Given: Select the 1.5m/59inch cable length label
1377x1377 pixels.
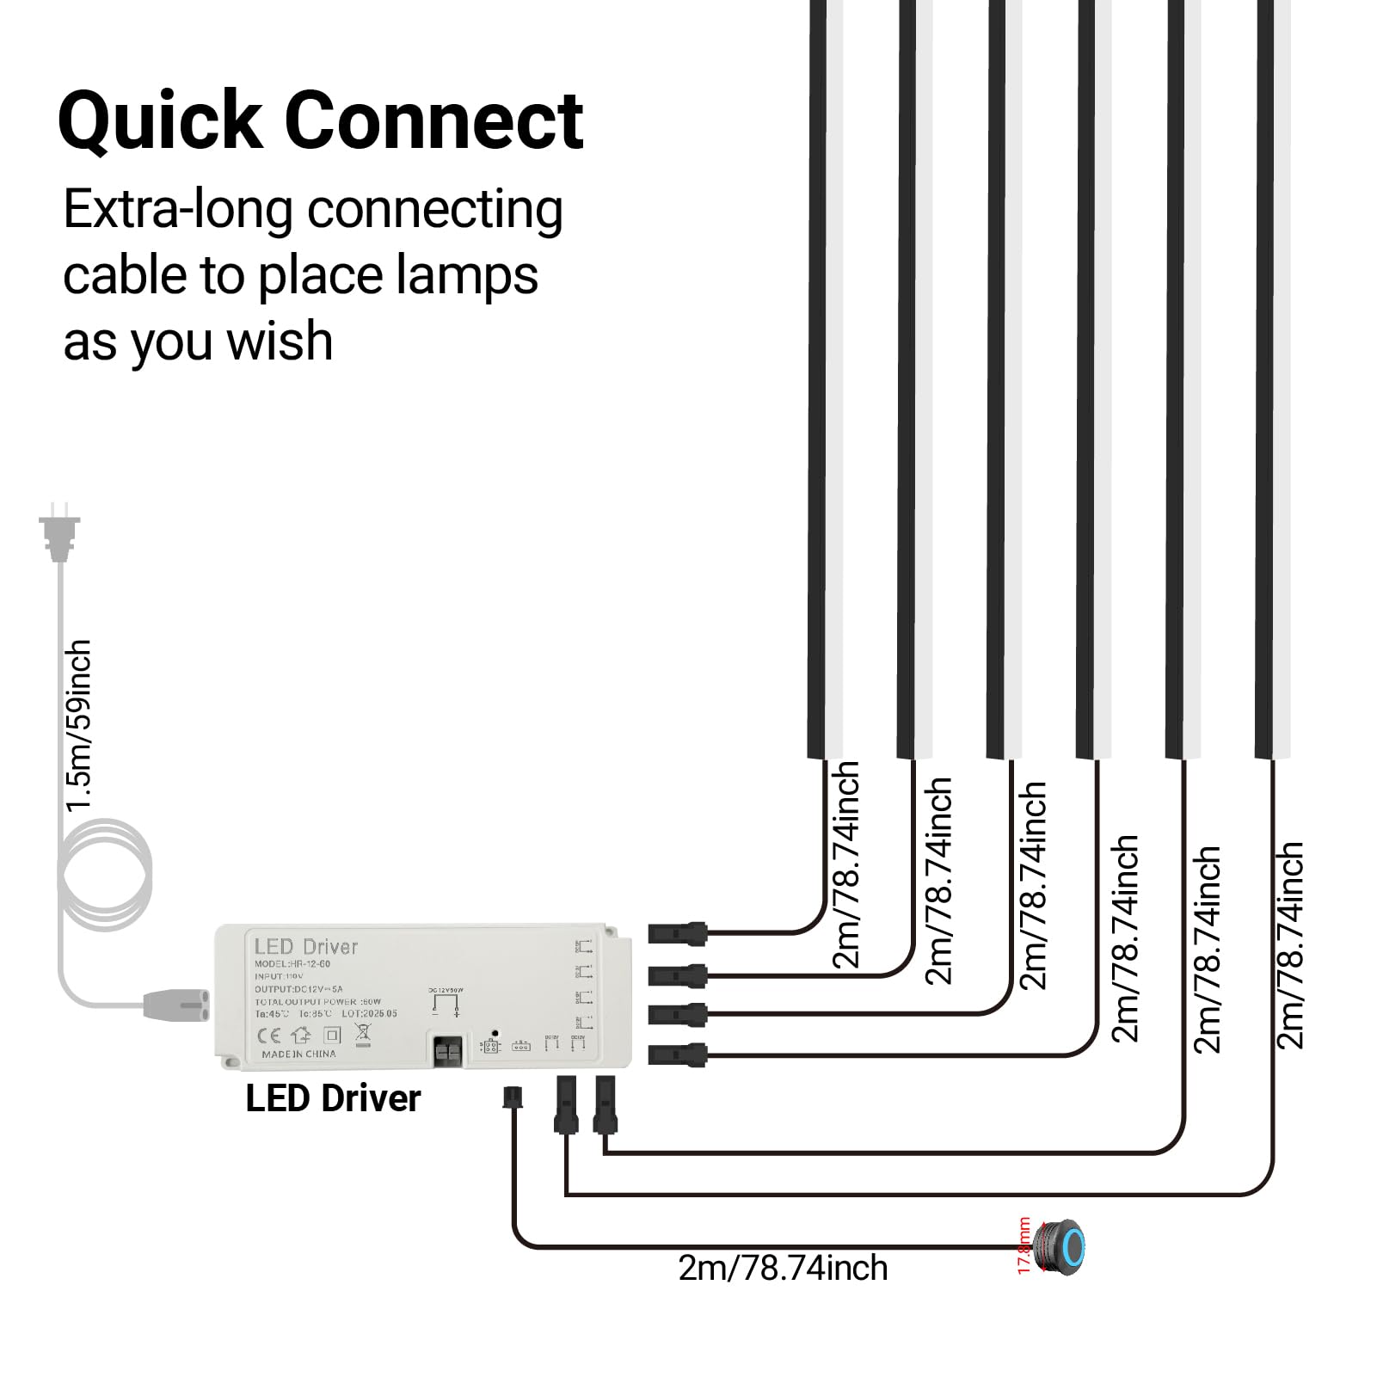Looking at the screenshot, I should (x=78, y=725).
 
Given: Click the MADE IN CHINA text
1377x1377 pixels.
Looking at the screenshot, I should (x=298, y=1054).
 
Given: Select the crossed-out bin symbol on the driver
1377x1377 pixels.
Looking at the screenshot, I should (x=362, y=1034).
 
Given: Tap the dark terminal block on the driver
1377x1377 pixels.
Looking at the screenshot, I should (x=446, y=1051).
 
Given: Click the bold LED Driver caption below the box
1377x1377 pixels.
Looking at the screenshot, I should (x=333, y=1099).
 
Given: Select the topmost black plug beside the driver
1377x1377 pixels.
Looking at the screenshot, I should (x=677, y=932).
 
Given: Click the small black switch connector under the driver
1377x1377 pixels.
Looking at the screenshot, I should (x=513, y=1098).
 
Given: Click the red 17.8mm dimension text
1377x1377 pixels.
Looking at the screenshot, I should (x=1024, y=1246).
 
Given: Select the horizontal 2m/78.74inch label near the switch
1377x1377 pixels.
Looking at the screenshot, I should (x=783, y=1269).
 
